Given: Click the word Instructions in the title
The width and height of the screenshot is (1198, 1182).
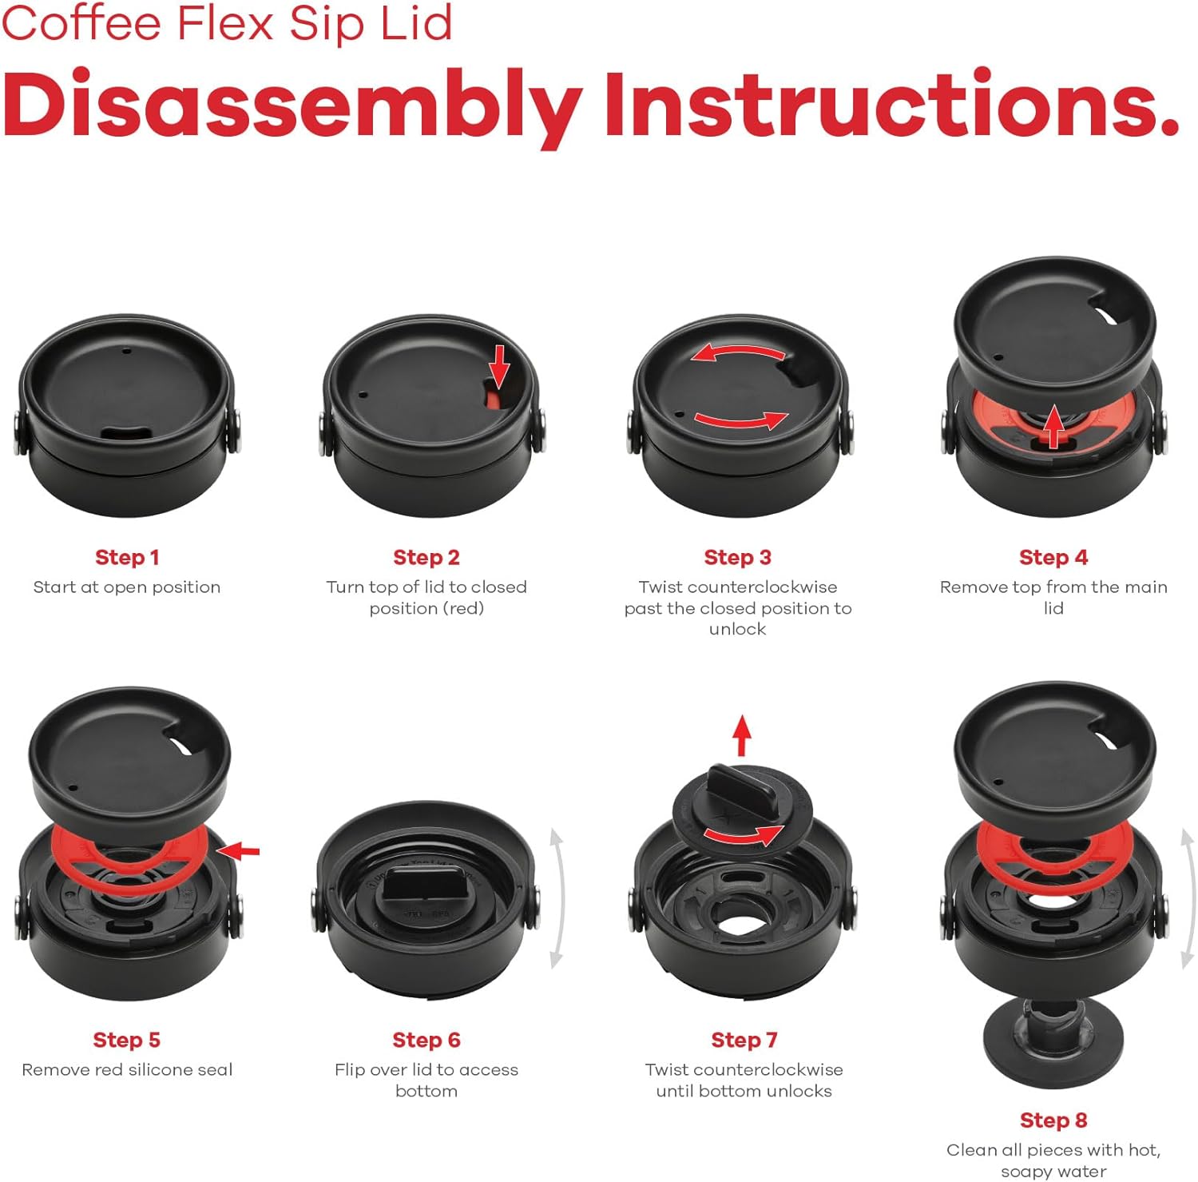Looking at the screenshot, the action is click(893, 104).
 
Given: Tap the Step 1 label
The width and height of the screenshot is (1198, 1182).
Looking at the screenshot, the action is click(127, 557).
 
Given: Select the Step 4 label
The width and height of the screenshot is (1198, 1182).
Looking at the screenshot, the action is click(1053, 557).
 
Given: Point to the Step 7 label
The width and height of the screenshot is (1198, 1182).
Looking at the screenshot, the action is click(744, 1040).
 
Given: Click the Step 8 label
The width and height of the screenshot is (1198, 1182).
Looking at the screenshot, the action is click(1053, 1120).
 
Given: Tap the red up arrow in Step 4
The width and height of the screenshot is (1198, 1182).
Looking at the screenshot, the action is click(1055, 426).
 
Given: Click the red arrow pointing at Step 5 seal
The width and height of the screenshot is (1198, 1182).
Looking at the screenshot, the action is click(238, 852).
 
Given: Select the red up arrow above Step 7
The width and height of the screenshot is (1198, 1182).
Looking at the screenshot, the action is click(743, 735).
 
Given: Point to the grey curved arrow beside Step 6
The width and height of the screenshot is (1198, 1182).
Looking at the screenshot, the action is click(557, 899).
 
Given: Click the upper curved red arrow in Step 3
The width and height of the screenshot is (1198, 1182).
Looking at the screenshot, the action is click(739, 352).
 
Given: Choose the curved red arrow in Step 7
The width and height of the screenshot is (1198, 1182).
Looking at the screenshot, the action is click(743, 836).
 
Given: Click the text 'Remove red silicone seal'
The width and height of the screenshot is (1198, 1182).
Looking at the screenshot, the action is click(127, 1069).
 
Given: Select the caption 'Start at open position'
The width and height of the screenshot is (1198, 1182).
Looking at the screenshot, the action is click(127, 587).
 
